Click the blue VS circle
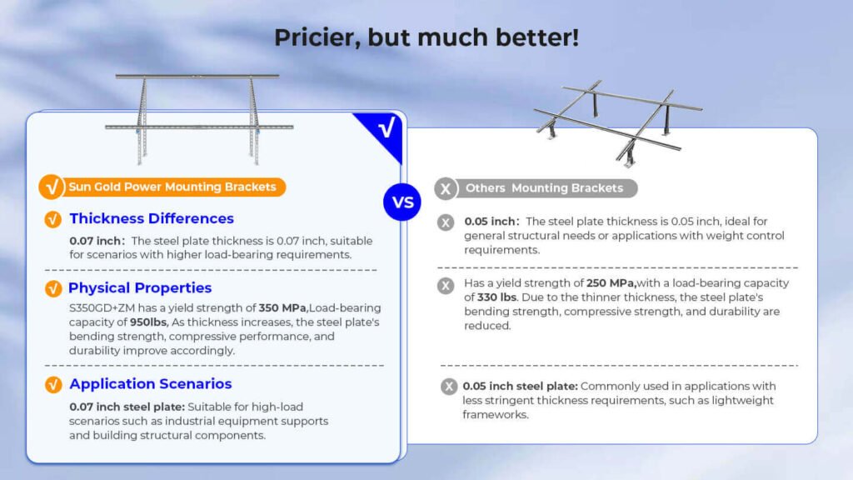(402, 202)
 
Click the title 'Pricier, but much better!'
(426, 37)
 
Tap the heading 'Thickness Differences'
(152, 218)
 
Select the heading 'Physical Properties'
(140, 287)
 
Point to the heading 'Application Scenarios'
(150, 384)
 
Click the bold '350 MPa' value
(282, 308)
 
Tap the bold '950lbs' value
(149, 322)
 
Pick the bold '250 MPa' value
(611, 283)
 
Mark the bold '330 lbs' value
(496, 297)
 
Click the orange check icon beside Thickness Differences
(52, 219)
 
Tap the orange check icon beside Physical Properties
(52, 288)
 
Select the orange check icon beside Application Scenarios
(52, 385)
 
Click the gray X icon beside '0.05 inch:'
(446, 222)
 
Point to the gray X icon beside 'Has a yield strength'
(446, 285)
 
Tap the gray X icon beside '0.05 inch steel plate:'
(449, 387)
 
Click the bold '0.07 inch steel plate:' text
(127, 407)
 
